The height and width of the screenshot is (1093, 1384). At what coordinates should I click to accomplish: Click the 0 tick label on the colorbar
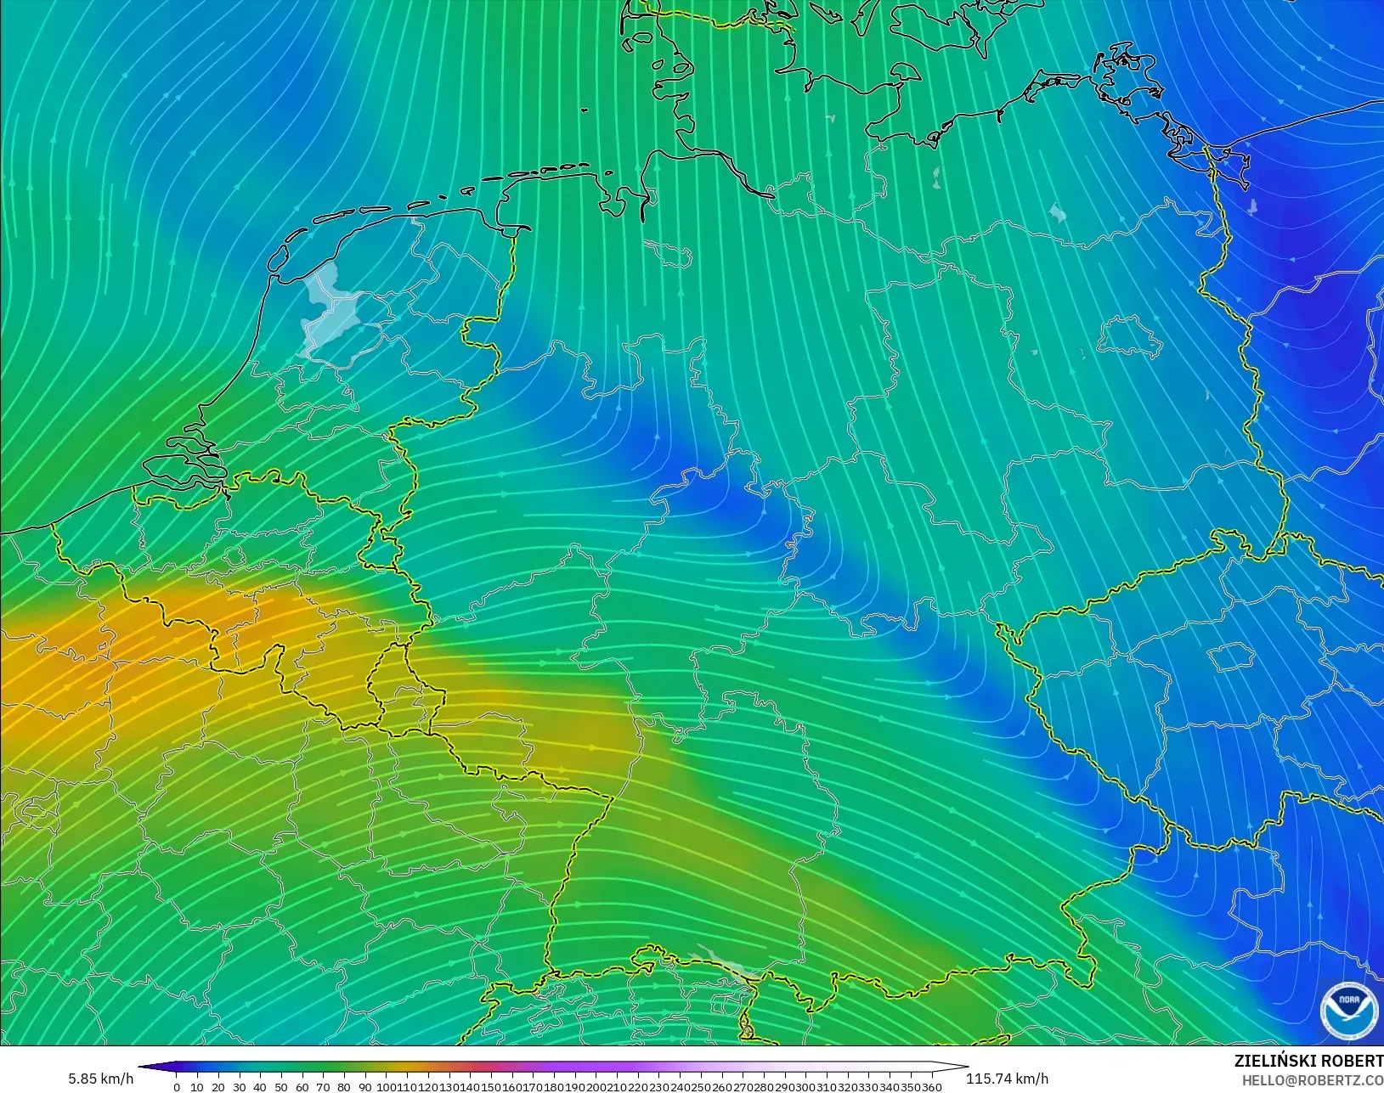click(x=177, y=1086)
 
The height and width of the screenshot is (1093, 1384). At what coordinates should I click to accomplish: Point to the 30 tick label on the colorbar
click(x=239, y=1086)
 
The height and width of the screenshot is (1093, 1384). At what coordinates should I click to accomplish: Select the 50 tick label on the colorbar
click(x=280, y=1086)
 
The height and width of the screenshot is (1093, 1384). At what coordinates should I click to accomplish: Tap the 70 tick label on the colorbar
click(x=322, y=1086)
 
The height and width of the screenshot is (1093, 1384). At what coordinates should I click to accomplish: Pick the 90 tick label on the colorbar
click(x=364, y=1086)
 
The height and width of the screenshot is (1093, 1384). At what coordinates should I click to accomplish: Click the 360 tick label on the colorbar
click(x=931, y=1086)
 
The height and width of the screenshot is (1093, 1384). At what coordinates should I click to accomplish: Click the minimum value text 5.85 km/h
click(x=101, y=1079)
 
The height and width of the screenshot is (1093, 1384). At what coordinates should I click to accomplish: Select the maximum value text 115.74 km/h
click(x=1007, y=1079)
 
